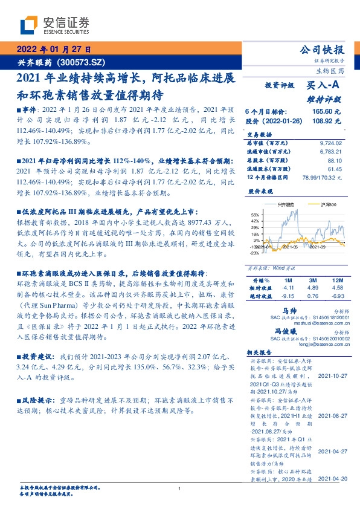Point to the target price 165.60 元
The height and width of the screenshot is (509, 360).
coord(327,112)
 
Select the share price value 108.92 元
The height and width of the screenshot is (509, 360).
coord(327,121)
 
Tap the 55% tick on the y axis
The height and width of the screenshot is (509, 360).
coord(254,214)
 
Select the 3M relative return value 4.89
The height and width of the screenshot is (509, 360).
coord(313,289)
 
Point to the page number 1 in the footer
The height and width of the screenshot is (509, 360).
coord(180,489)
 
